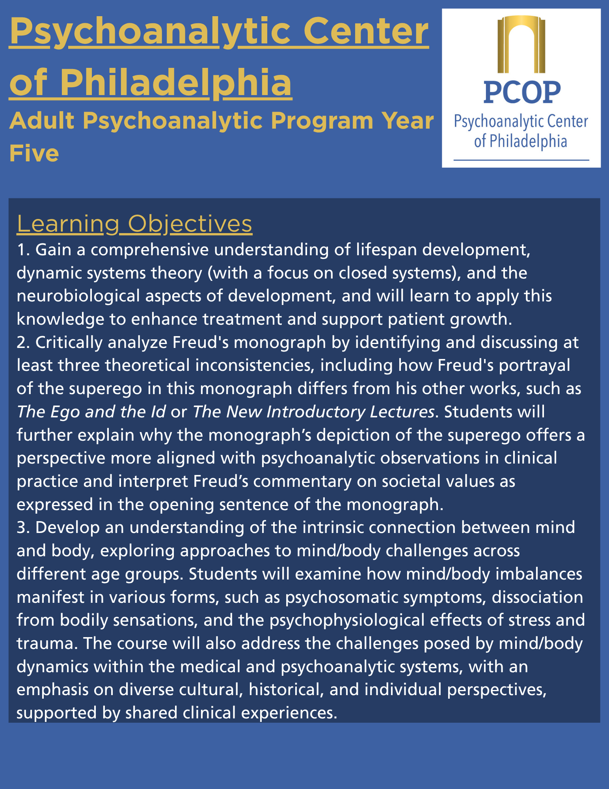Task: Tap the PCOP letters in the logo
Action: point(522,92)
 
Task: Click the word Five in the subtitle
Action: point(34,153)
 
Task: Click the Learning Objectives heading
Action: point(134,224)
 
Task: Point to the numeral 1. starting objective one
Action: point(23,250)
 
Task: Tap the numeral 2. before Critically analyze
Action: point(23,342)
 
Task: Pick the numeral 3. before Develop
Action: point(23,527)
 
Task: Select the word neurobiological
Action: point(78,296)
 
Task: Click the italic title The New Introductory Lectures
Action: point(313,412)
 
